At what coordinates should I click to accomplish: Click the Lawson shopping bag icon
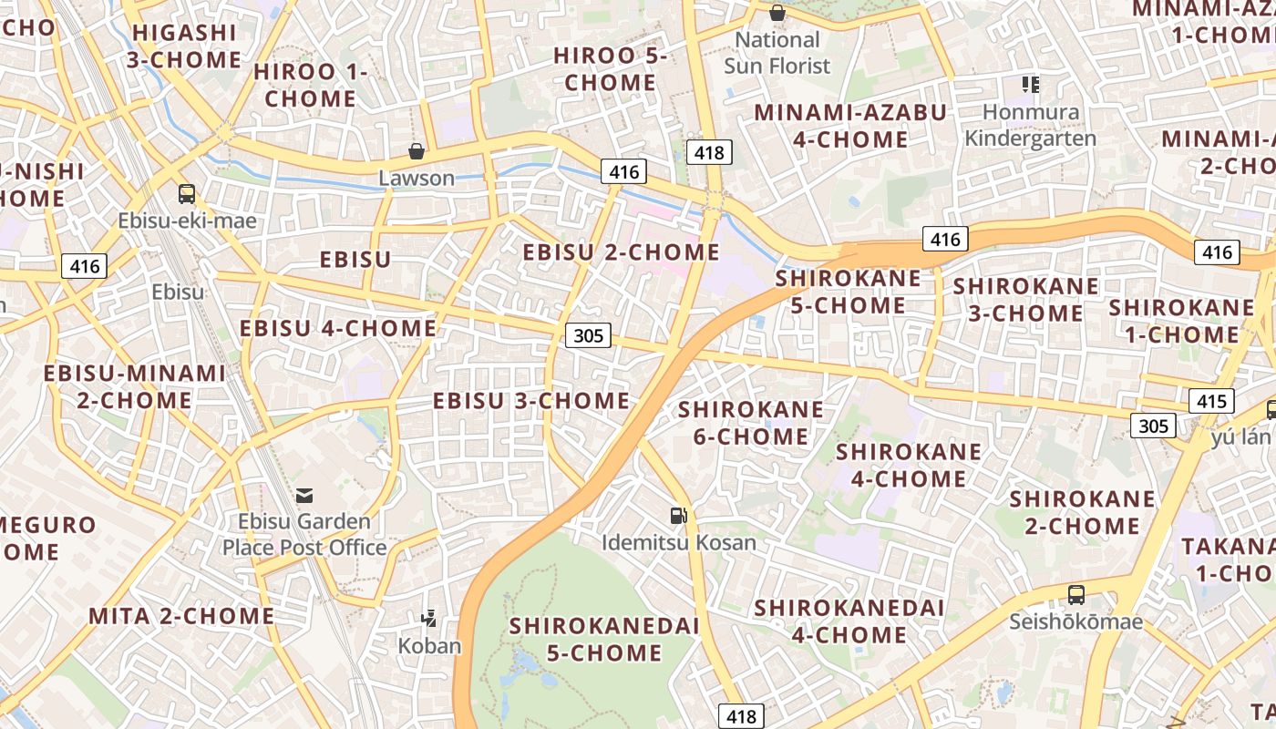(417, 151)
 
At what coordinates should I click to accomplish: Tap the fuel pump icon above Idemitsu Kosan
(678, 516)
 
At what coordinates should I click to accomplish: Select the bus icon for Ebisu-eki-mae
(187, 193)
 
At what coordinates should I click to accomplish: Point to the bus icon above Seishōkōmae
(1076, 595)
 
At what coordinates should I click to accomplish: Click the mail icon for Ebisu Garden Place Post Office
(304, 495)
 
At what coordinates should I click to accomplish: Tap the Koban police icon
(428, 620)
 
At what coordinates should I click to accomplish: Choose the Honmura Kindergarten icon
(1031, 86)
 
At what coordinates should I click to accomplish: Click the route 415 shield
(1211, 401)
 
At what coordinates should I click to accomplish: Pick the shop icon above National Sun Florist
(777, 13)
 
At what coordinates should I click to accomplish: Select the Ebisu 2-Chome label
(622, 252)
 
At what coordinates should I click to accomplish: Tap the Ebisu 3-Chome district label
(530, 401)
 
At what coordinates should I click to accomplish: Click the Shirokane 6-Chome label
(751, 423)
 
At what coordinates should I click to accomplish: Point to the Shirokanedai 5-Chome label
(604, 639)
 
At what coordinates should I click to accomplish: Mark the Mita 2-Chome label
(181, 616)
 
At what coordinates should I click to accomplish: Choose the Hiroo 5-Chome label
(611, 69)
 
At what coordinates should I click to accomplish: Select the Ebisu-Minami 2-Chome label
(135, 386)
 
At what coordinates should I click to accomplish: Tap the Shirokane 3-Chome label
(1026, 300)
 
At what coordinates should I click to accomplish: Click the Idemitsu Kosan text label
(679, 542)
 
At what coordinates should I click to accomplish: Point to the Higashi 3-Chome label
(184, 46)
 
